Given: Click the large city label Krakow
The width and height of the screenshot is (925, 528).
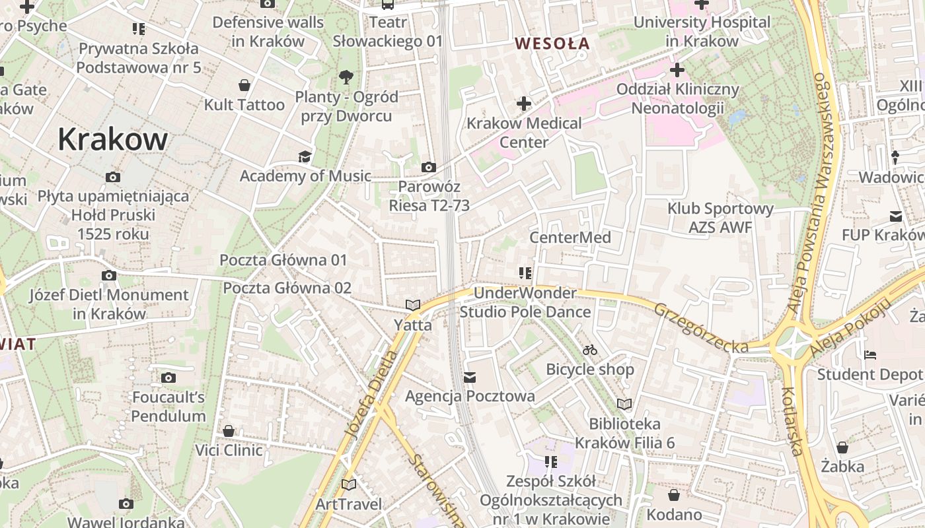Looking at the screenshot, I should [x=112, y=139].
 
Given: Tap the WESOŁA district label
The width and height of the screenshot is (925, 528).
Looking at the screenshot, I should [x=552, y=44].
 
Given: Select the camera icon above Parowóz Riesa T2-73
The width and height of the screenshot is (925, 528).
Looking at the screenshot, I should [x=429, y=167].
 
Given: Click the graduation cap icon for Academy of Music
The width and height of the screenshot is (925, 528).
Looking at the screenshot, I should [x=305, y=156].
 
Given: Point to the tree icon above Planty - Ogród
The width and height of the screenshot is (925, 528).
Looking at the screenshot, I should [x=346, y=77].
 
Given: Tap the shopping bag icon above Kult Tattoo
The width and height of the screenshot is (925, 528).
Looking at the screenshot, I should [x=244, y=85].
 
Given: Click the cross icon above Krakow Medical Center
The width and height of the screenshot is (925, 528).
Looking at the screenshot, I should [x=524, y=104].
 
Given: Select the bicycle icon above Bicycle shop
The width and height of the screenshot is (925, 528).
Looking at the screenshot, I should [x=590, y=350].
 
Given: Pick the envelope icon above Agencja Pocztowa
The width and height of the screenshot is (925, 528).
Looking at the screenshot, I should [x=470, y=377].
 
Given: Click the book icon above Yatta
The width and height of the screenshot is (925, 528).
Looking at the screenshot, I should [x=413, y=305].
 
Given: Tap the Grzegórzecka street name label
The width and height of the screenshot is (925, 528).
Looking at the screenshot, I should [x=701, y=327].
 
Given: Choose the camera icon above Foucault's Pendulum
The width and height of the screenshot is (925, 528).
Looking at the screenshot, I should [x=168, y=378].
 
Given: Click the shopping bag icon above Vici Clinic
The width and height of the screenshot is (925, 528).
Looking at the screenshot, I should [x=229, y=431].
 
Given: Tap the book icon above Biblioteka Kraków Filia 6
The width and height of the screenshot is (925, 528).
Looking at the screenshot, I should [x=624, y=404].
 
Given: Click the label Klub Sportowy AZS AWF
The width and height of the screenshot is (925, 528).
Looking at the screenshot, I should [x=720, y=218].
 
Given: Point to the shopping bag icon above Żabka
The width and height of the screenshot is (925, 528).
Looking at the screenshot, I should [x=842, y=447].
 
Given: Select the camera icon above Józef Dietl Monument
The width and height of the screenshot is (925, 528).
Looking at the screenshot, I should [x=109, y=275].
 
